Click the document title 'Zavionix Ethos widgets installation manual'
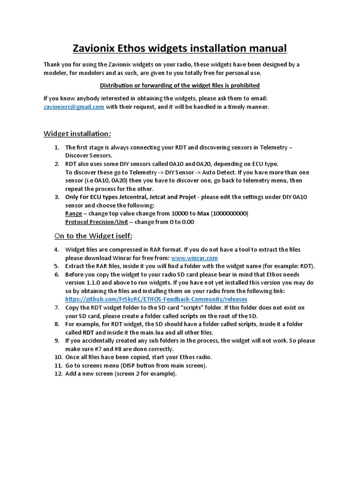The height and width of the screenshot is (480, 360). pyautogui.click(x=180, y=48)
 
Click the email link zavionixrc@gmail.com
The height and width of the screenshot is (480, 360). pyautogui.click(x=74, y=106)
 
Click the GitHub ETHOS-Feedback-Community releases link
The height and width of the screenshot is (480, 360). pyautogui.click(x=156, y=299)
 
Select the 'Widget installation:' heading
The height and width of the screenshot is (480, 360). pyautogui.click(x=77, y=134)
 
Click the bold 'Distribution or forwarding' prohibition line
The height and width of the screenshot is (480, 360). pyautogui.click(x=180, y=85)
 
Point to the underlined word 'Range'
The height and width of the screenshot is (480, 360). pyautogui.click(x=74, y=213)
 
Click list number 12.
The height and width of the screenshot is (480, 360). pyautogui.click(x=58, y=373)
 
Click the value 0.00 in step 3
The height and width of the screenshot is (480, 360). pyautogui.click(x=187, y=222)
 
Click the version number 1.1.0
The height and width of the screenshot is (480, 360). pyautogui.click(x=89, y=282)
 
